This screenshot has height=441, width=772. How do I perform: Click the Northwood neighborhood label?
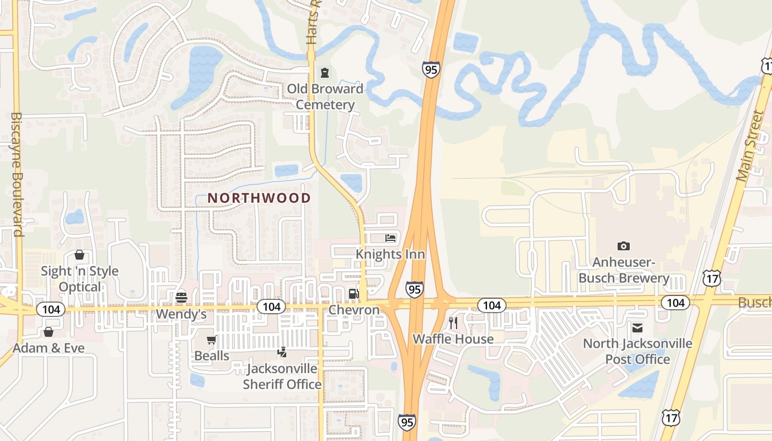tap(259, 198)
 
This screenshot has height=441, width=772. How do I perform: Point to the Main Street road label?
tap(750, 146)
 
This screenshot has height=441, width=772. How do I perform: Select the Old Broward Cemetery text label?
tap(325, 96)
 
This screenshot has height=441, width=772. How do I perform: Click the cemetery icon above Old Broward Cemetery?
tap(325, 72)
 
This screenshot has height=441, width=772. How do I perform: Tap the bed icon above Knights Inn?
tap(390, 238)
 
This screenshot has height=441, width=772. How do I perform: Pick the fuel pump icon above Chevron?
tap(353, 294)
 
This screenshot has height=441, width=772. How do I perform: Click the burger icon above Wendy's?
tap(181, 298)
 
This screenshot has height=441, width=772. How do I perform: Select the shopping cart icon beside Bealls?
tap(211, 340)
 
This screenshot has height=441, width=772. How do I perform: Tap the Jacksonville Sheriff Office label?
tap(282, 376)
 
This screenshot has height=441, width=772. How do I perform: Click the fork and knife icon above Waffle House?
tap(453, 322)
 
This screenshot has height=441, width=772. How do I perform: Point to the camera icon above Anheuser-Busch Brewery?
tap(624, 246)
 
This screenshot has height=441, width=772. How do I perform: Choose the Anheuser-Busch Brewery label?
tap(624, 270)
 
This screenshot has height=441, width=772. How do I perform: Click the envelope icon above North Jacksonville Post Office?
tap(637, 328)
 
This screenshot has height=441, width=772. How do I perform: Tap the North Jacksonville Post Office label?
tap(637, 351)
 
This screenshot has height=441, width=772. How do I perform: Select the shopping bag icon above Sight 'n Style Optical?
tap(79, 255)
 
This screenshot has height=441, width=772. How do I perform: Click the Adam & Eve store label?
tap(49, 348)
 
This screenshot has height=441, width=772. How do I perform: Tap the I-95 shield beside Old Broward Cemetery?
tap(431, 69)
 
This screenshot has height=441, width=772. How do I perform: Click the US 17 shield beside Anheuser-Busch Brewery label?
tap(711, 279)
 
